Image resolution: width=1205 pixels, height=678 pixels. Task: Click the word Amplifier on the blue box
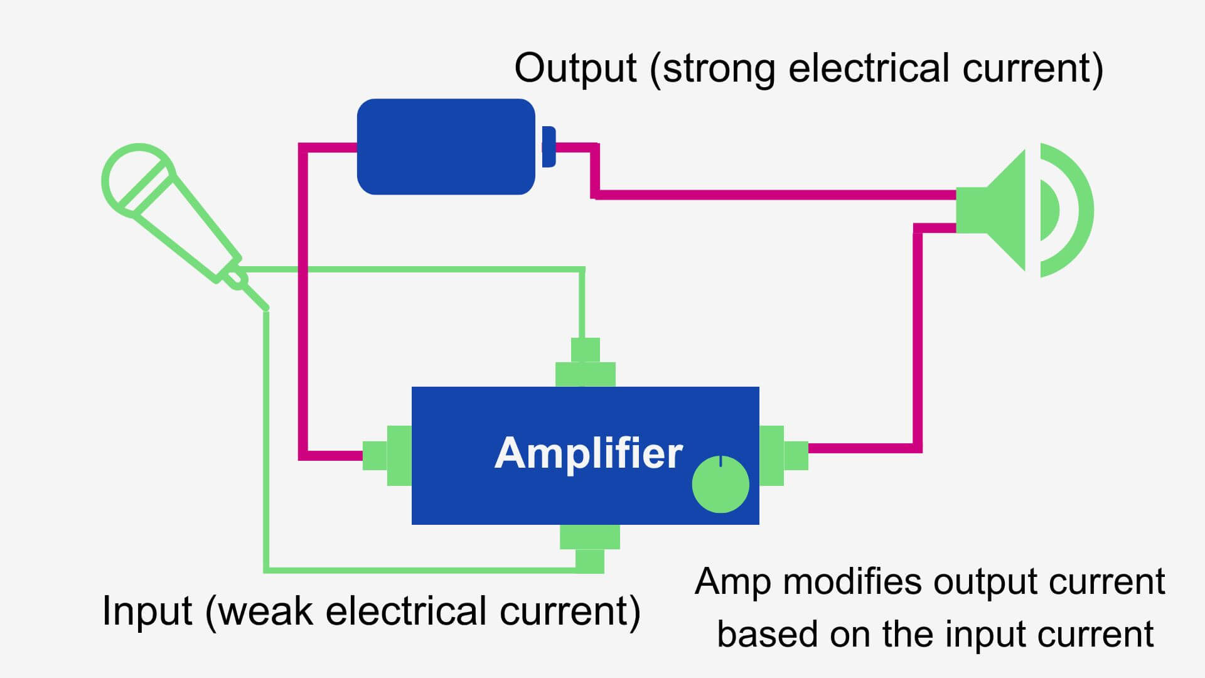click(588, 453)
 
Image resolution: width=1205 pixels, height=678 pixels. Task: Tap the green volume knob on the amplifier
click(720, 485)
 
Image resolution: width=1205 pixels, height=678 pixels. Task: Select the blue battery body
click(446, 147)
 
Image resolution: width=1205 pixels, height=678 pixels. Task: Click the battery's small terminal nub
click(548, 147)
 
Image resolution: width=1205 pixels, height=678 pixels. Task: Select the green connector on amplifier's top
click(586, 367)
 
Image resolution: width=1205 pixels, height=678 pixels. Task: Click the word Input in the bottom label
click(147, 610)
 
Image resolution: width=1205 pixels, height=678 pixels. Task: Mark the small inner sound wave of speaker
click(1050, 210)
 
